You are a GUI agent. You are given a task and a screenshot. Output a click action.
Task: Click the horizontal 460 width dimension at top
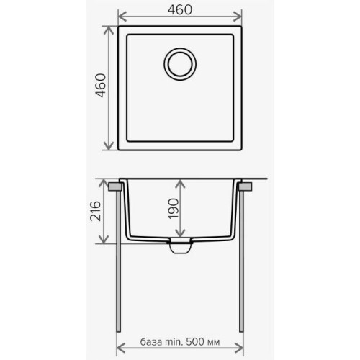(x=180, y=10)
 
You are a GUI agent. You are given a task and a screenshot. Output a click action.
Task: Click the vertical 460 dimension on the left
(x=101, y=86)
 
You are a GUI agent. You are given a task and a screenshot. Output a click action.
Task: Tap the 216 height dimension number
(x=95, y=211)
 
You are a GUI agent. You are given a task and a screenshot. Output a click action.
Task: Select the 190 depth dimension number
(x=174, y=209)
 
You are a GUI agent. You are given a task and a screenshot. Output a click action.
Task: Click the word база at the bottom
(x=150, y=341)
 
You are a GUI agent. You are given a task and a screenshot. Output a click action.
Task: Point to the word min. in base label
(x=174, y=341)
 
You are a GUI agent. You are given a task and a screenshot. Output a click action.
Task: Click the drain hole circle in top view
(x=180, y=64)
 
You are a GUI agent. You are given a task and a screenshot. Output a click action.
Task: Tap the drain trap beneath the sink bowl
(x=180, y=246)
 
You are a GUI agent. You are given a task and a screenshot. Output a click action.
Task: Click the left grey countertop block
(x=114, y=186)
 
